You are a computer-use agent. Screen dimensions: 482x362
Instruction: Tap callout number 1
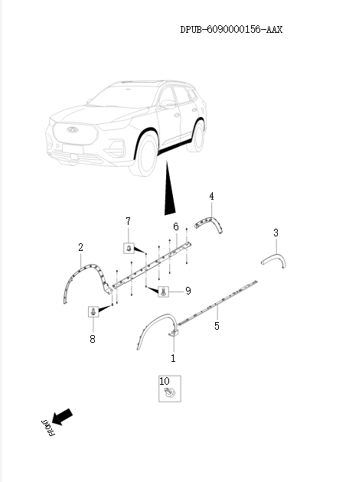[173, 357]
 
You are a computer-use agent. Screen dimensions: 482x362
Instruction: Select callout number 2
[80, 247]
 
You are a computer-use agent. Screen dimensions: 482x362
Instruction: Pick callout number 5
[175, 226]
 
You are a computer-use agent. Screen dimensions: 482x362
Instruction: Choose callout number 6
[129, 222]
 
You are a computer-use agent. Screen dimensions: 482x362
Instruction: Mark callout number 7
[93, 338]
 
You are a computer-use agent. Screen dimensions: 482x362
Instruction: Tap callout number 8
[188, 291]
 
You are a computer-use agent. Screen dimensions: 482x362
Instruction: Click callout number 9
[164, 380]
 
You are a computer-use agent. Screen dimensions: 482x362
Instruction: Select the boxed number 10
[164, 380]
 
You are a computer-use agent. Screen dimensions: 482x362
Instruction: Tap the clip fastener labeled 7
[129, 246]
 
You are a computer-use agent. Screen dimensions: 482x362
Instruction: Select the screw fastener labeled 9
[164, 292]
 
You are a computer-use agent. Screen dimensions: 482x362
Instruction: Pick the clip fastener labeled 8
[93, 311]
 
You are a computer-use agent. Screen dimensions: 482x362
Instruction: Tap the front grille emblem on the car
[69, 130]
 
